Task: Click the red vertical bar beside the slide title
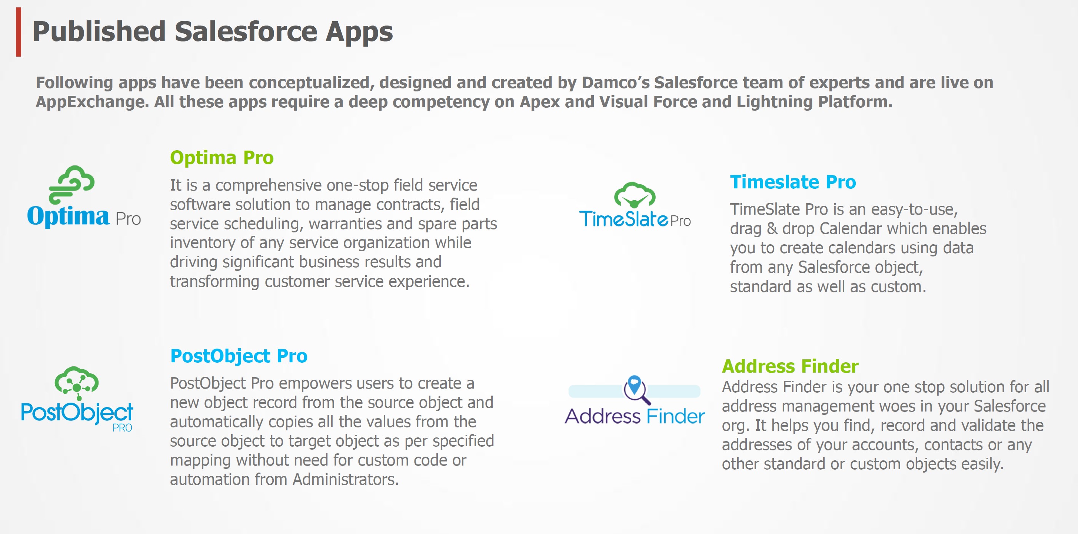click(19, 32)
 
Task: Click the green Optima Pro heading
click(222, 158)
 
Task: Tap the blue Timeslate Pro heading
click(793, 182)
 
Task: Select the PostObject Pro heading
click(239, 356)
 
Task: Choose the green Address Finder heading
click(790, 366)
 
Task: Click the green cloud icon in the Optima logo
click(71, 184)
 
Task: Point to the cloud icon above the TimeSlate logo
click(635, 195)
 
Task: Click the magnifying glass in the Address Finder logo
click(636, 389)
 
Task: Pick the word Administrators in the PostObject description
click(345, 480)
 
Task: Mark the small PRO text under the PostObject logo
click(122, 428)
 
